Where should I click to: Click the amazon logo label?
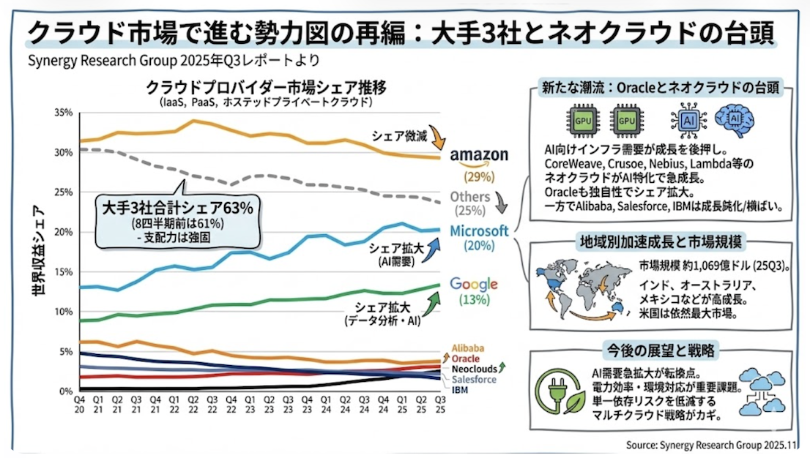click(x=479, y=155)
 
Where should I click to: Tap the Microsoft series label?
click(x=479, y=230)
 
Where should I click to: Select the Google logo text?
click(x=474, y=284)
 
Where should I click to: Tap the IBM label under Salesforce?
click(x=460, y=390)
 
